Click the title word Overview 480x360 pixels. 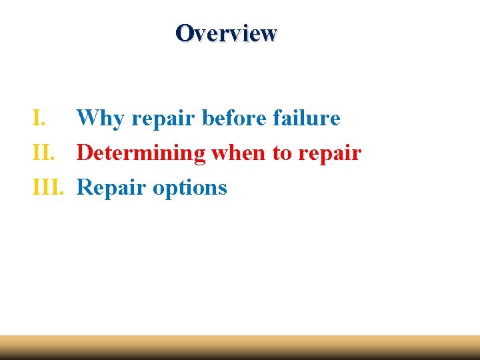pyautogui.click(x=226, y=33)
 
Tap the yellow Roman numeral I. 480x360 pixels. pyautogui.click(x=39, y=119)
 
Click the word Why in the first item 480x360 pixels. pyautogui.click(x=100, y=119)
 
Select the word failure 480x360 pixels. pyautogui.click(x=307, y=119)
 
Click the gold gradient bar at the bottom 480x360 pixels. pyautogui.click(x=240, y=347)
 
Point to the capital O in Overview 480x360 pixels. pyautogui.click(x=184, y=33)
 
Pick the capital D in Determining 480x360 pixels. pyautogui.click(x=85, y=153)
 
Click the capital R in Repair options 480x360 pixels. pyautogui.click(x=85, y=188)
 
